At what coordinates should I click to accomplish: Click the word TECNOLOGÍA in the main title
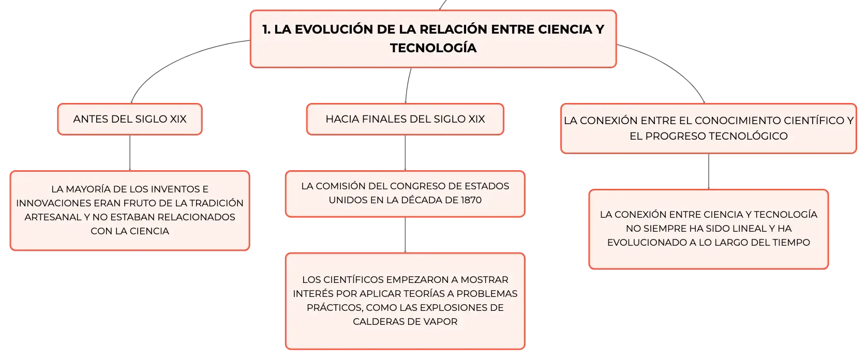433,48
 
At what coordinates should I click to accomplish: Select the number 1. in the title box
266,29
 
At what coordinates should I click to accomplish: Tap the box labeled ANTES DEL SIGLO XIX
130,119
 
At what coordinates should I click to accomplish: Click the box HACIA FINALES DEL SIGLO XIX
405,119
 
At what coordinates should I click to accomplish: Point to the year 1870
471,200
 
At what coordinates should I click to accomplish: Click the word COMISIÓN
339,186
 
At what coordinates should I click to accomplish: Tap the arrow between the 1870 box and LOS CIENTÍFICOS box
405,235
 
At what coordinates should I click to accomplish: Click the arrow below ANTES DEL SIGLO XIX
130,153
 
